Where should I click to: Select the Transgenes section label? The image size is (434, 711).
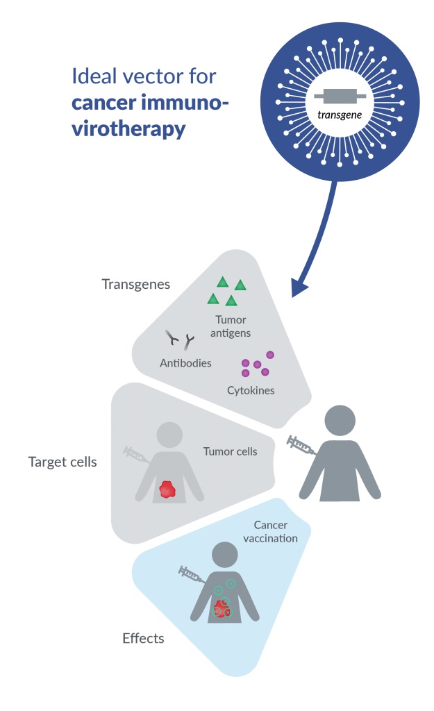tap(135, 285)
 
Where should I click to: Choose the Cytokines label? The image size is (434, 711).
tap(251, 390)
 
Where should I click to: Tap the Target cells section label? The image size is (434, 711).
tap(62, 462)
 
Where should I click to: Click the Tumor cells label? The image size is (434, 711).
tap(230, 451)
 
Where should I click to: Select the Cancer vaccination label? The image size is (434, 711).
tap(276, 532)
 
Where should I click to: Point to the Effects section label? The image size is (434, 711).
tap(143, 638)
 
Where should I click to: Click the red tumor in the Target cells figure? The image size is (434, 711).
tap(167, 489)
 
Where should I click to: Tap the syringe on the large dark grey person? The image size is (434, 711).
tap(302, 445)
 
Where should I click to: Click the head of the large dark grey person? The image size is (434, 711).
tap(340, 421)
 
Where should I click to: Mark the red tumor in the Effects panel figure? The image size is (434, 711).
tap(222, 609)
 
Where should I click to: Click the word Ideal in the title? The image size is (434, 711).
tap(93, 76)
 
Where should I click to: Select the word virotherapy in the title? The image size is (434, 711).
tap(128, 128)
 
